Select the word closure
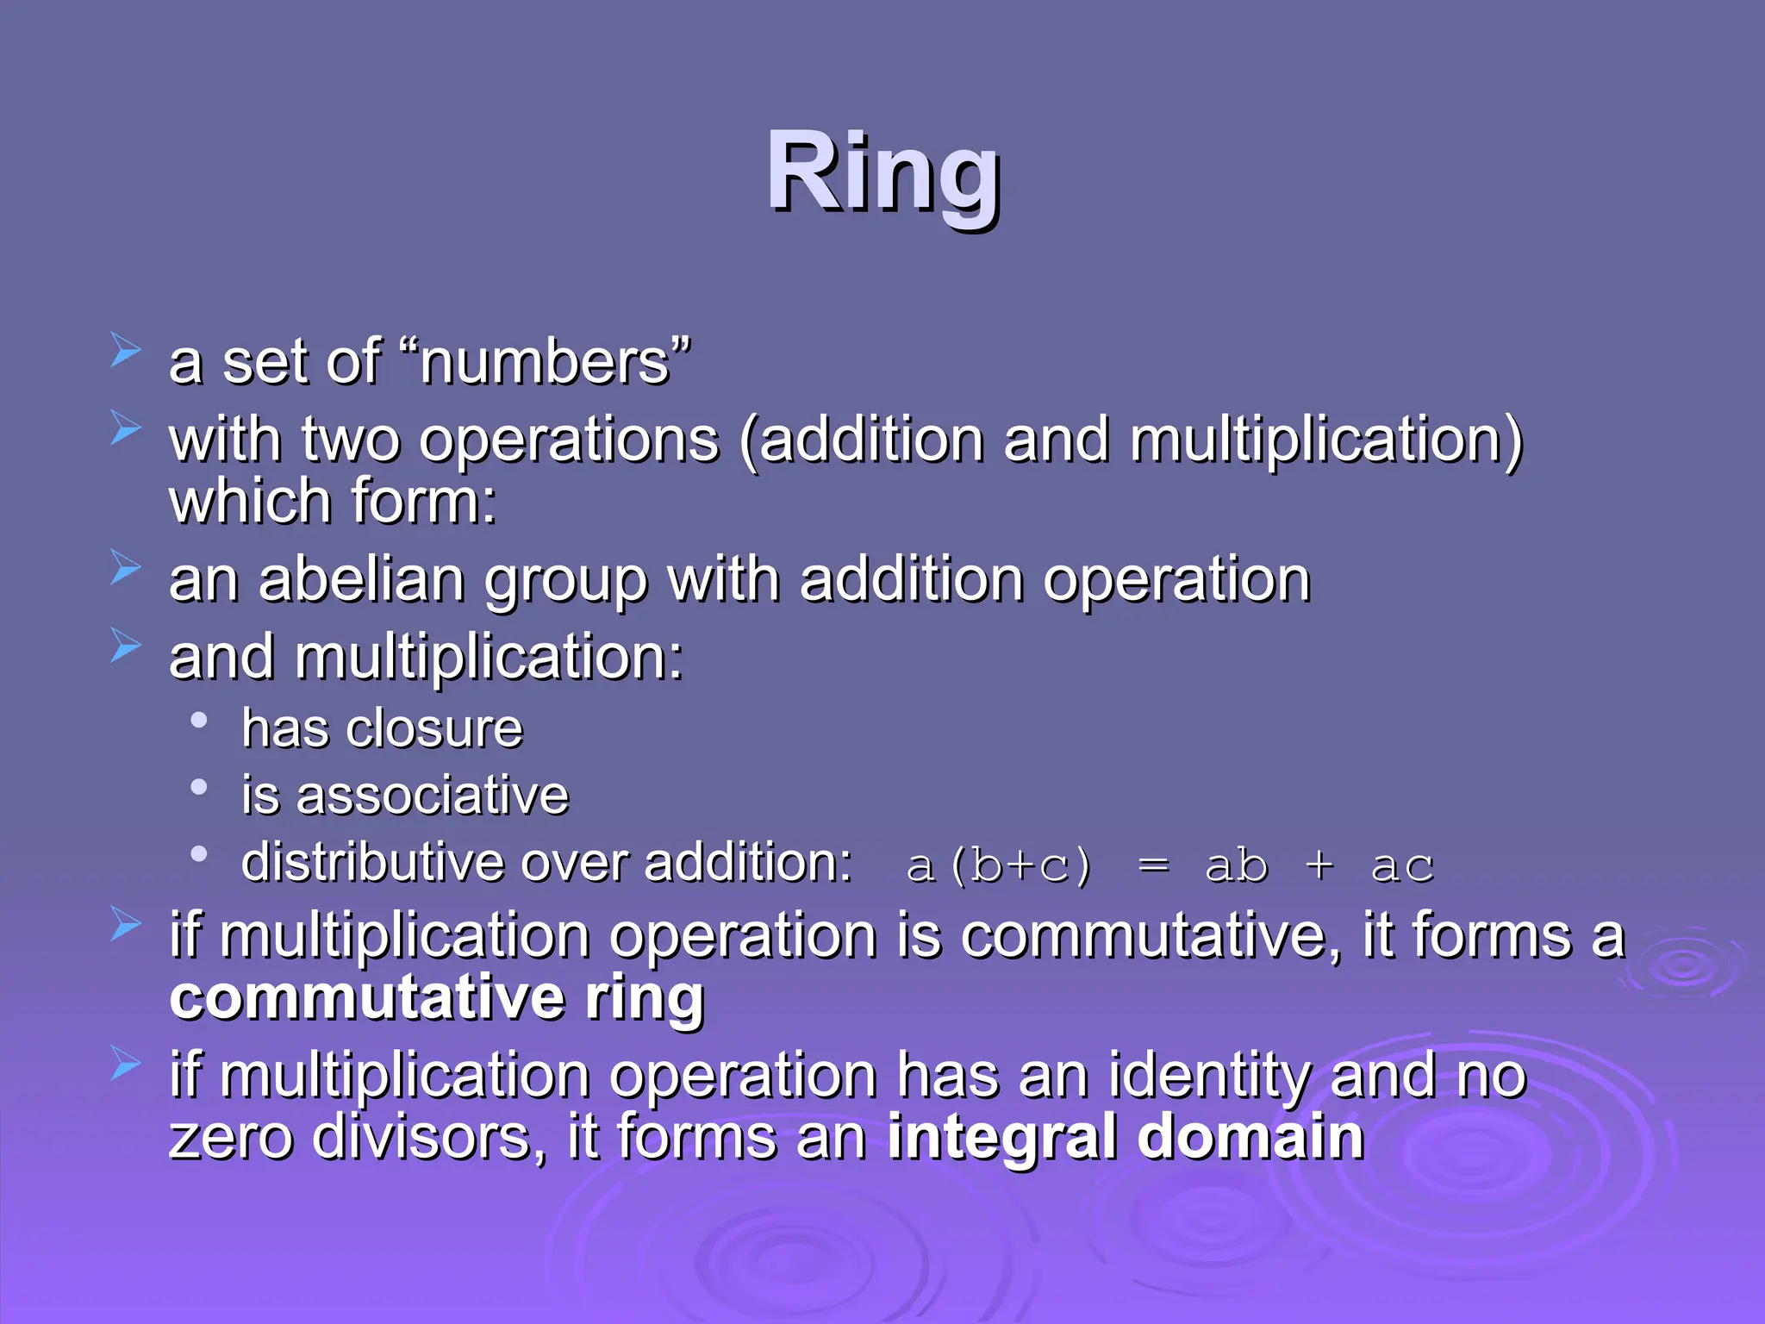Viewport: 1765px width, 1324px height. tap(435, 729)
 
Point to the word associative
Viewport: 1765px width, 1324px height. tap(433, 796)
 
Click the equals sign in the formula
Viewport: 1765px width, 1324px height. tap(1154, 865)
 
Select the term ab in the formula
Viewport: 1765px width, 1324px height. tap(1236, 865)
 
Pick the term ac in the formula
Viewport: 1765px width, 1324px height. tap(1402, 865)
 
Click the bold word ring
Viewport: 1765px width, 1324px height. tap(645, 998)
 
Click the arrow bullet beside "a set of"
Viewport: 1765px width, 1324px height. tap(126, 351)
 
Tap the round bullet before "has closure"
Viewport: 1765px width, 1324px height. tap(199, 721)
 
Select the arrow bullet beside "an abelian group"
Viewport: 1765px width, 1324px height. tap(126, 568)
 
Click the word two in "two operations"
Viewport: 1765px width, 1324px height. tap(351, 440)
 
